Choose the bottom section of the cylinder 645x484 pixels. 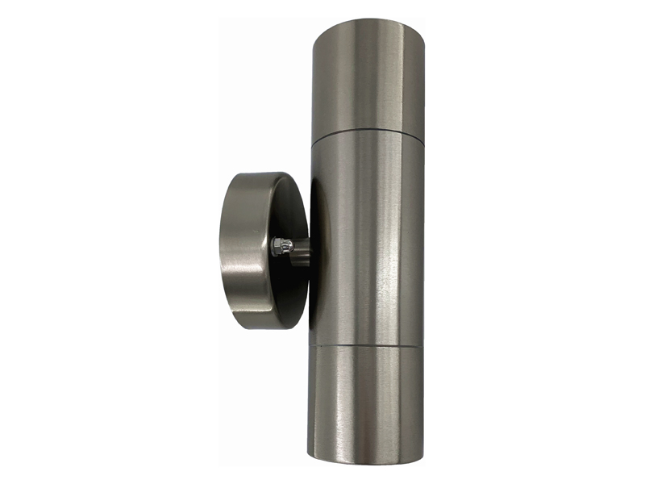368,403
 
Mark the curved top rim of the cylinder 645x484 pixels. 368,23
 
